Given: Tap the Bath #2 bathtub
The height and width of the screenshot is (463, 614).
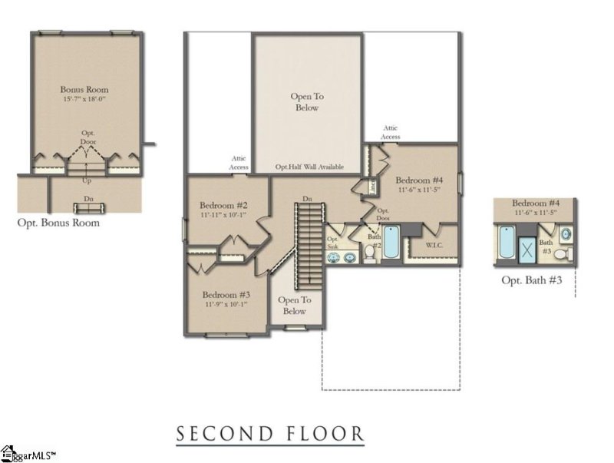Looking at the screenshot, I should (x=391, y=243).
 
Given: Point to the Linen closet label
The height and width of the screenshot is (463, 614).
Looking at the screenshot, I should (x=370, y=186).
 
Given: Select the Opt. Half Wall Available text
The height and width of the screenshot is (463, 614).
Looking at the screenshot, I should (x=310, y=167).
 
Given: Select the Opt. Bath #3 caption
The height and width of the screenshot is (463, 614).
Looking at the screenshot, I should (x=532, y=280).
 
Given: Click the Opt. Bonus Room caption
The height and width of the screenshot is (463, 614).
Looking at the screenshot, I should (x=58, y=223).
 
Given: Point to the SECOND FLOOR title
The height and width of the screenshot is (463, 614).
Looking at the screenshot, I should (x=270, y=434).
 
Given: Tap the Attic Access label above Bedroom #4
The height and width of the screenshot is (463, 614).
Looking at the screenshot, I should (x=391, y=132).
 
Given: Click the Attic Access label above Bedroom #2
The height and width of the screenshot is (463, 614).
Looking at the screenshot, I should (x=239, y=162).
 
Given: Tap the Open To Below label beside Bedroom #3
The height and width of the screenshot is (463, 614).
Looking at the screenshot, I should (x=292, y=306).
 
